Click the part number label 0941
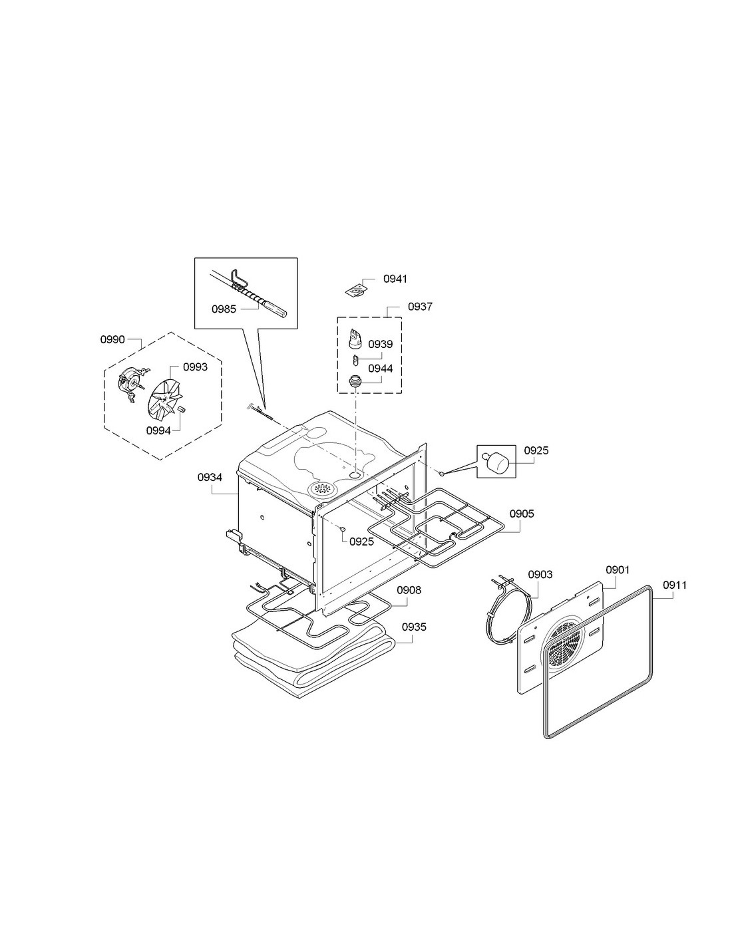click(x=395, y=279)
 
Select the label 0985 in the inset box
click(x=224, y=309)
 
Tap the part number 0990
click(x=112, y=339)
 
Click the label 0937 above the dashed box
click(x=420, y=307)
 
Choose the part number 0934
click(x=210, y=478)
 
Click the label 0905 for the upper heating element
click(x=522, y=514)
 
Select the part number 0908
click(x=409, y=590)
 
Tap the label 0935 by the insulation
click(x=414, y=627)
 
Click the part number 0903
click(x=540, y=575)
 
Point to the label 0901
click(x=618, y=570)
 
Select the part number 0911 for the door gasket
click(x=675, y=585)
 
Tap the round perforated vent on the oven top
click(x=322, y=488)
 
